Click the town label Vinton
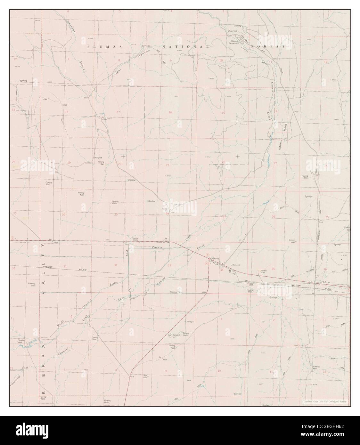click(x=215, y=258)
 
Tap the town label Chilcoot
click(x=326, y=282)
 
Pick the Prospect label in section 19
click(x=98, y=158)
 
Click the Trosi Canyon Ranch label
click(x=107, y=119)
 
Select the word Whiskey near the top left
click(x=71, y=26)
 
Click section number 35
click(x=273, y=269)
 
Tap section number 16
click(x=170, y=112)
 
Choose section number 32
click(x=116, y=265)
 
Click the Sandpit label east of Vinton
click(x=236, y=265)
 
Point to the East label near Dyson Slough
click(x=25, y=369)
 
